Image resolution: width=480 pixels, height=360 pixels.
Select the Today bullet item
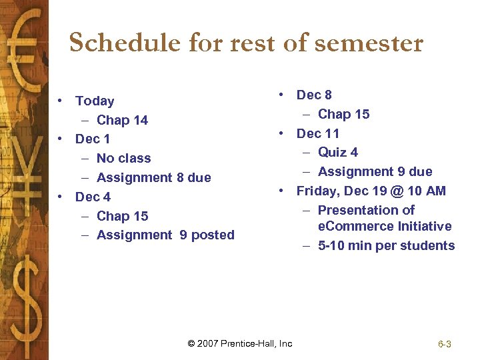(x=94, y=101)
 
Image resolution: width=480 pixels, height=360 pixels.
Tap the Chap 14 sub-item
(x=122, y=121)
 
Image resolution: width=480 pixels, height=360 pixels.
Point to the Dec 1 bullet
(x=93, y=139)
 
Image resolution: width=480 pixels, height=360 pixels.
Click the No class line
(x=123, y=159)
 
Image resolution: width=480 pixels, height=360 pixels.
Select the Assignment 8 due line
(x=153, y=178)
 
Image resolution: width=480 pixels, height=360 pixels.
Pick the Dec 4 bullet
(x=93, y=197)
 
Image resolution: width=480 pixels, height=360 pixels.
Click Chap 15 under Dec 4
(x=122, y=217)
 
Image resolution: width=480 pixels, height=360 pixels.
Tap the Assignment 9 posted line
(x=165, y=235)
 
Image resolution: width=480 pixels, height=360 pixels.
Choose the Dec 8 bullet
(x=314, y=95)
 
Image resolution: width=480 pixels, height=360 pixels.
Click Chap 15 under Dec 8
(x=343, y=115)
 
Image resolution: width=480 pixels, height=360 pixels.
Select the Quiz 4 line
(x=337, y=153)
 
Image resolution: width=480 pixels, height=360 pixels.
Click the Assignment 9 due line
(x=375, y=172)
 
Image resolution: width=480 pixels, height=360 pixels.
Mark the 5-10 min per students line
(x=386, y=246)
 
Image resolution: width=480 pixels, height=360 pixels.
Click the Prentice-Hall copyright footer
(x=240, y=344)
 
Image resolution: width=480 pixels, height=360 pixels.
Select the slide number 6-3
(x=445, y=345)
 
